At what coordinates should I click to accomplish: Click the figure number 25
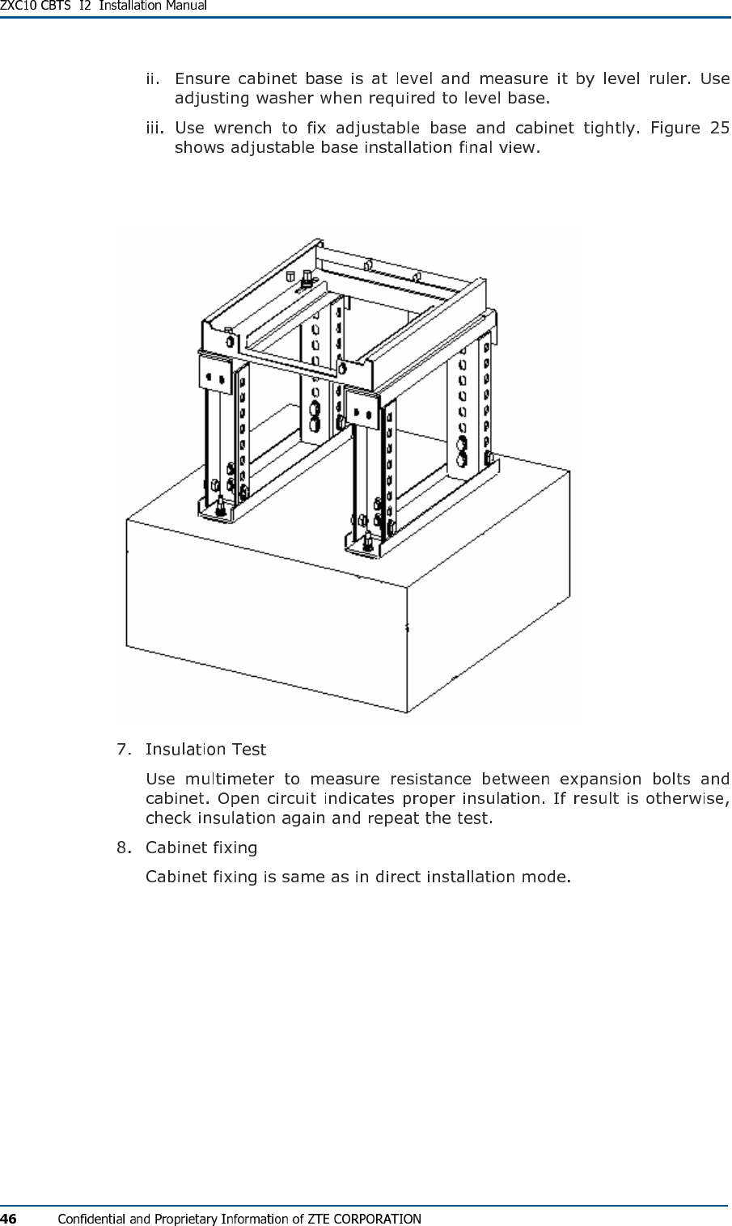coord(719,128)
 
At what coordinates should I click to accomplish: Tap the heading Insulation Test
coord(205,749)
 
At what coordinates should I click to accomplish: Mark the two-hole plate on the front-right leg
coord(362,413)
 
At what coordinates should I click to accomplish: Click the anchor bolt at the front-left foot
coord(220,508)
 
